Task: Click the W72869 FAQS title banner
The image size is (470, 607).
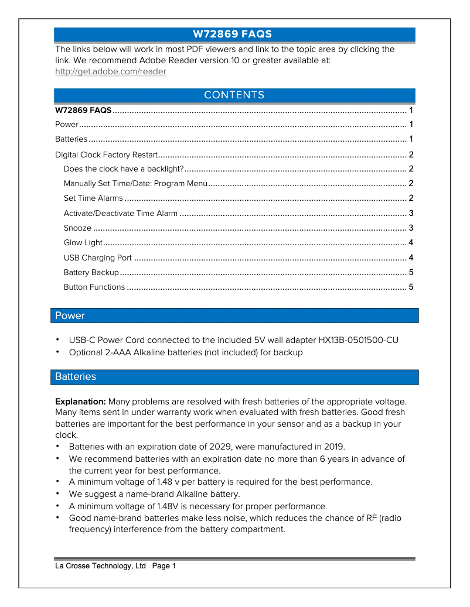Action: pos(234,35)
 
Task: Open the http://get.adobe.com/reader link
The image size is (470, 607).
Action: pos(110,72)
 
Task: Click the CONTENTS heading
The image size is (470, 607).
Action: pos(234,95)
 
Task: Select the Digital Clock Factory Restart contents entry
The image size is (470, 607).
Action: pos(106,155)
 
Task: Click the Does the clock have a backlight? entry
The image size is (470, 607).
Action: pos(124,169)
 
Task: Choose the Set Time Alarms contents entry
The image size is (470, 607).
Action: pos(93,198)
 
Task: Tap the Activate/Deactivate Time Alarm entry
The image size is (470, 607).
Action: pos(120,214)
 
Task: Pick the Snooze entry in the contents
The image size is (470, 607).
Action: pos(77,228)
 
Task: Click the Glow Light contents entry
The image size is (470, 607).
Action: pos(83,243)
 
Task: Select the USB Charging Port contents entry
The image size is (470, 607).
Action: pos(97,258)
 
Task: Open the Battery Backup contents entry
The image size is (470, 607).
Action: pos(91,273)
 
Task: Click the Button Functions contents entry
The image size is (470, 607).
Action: pos(94,287)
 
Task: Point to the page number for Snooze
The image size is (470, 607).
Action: pos(411,228)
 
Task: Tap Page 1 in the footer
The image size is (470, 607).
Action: pos(164,566)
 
